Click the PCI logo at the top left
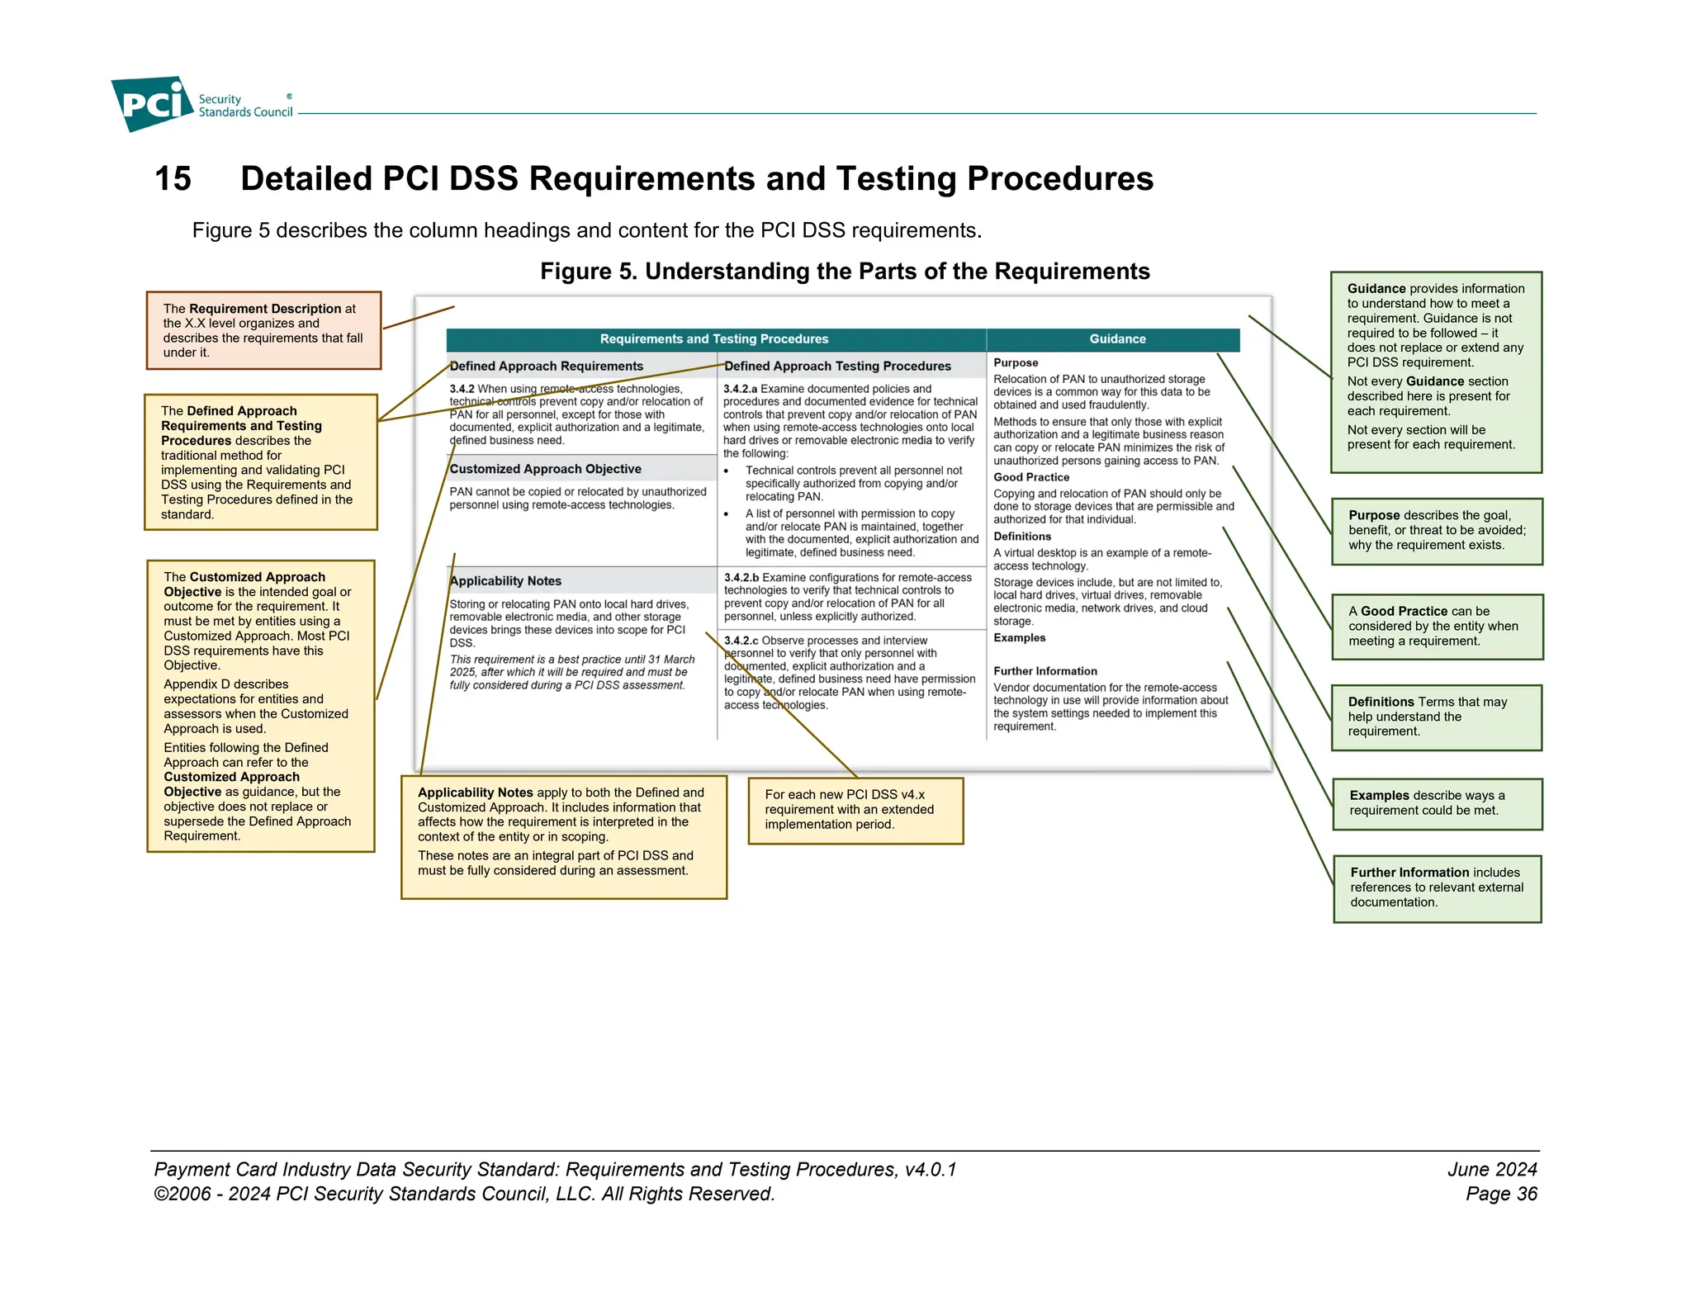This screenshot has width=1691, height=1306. coord(152,104)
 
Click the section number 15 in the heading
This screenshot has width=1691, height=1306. coord(173,179)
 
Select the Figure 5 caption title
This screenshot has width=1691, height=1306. coord(844,272)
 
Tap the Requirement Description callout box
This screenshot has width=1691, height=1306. coord(263,330)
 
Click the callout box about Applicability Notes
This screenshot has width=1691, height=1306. coord(563,836)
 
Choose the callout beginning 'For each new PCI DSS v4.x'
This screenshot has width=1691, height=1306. coord(855,810)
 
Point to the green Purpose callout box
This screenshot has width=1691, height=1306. coord(1437,531)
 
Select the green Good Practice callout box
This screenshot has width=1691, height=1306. coord(1437,627)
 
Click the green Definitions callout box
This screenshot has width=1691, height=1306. coord(1436,717)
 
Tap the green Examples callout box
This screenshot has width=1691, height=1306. coord(1437,803)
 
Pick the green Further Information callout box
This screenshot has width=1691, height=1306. coord(1437,888)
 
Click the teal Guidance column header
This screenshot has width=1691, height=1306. coord(1117,339)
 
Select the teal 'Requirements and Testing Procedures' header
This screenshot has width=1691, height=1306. coord(714,339)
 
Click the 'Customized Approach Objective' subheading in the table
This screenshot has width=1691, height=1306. coord(545,469)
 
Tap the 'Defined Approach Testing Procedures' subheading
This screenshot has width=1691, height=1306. coord(837,367)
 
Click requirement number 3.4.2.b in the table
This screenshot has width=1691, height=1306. coord(741,578)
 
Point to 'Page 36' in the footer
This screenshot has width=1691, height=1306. coord(1501,1194)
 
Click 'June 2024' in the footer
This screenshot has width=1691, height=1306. coord(1491,1169)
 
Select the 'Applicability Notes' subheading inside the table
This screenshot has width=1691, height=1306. coord(505,581)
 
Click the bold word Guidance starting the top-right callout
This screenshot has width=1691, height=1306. coord(1376,289)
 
